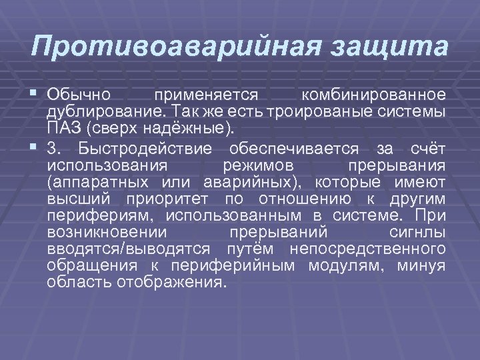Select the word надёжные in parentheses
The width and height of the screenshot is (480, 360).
click(200, 127)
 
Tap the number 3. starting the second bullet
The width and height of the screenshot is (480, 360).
click(56, 148)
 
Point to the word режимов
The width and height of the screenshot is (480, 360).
click(257, 165)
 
